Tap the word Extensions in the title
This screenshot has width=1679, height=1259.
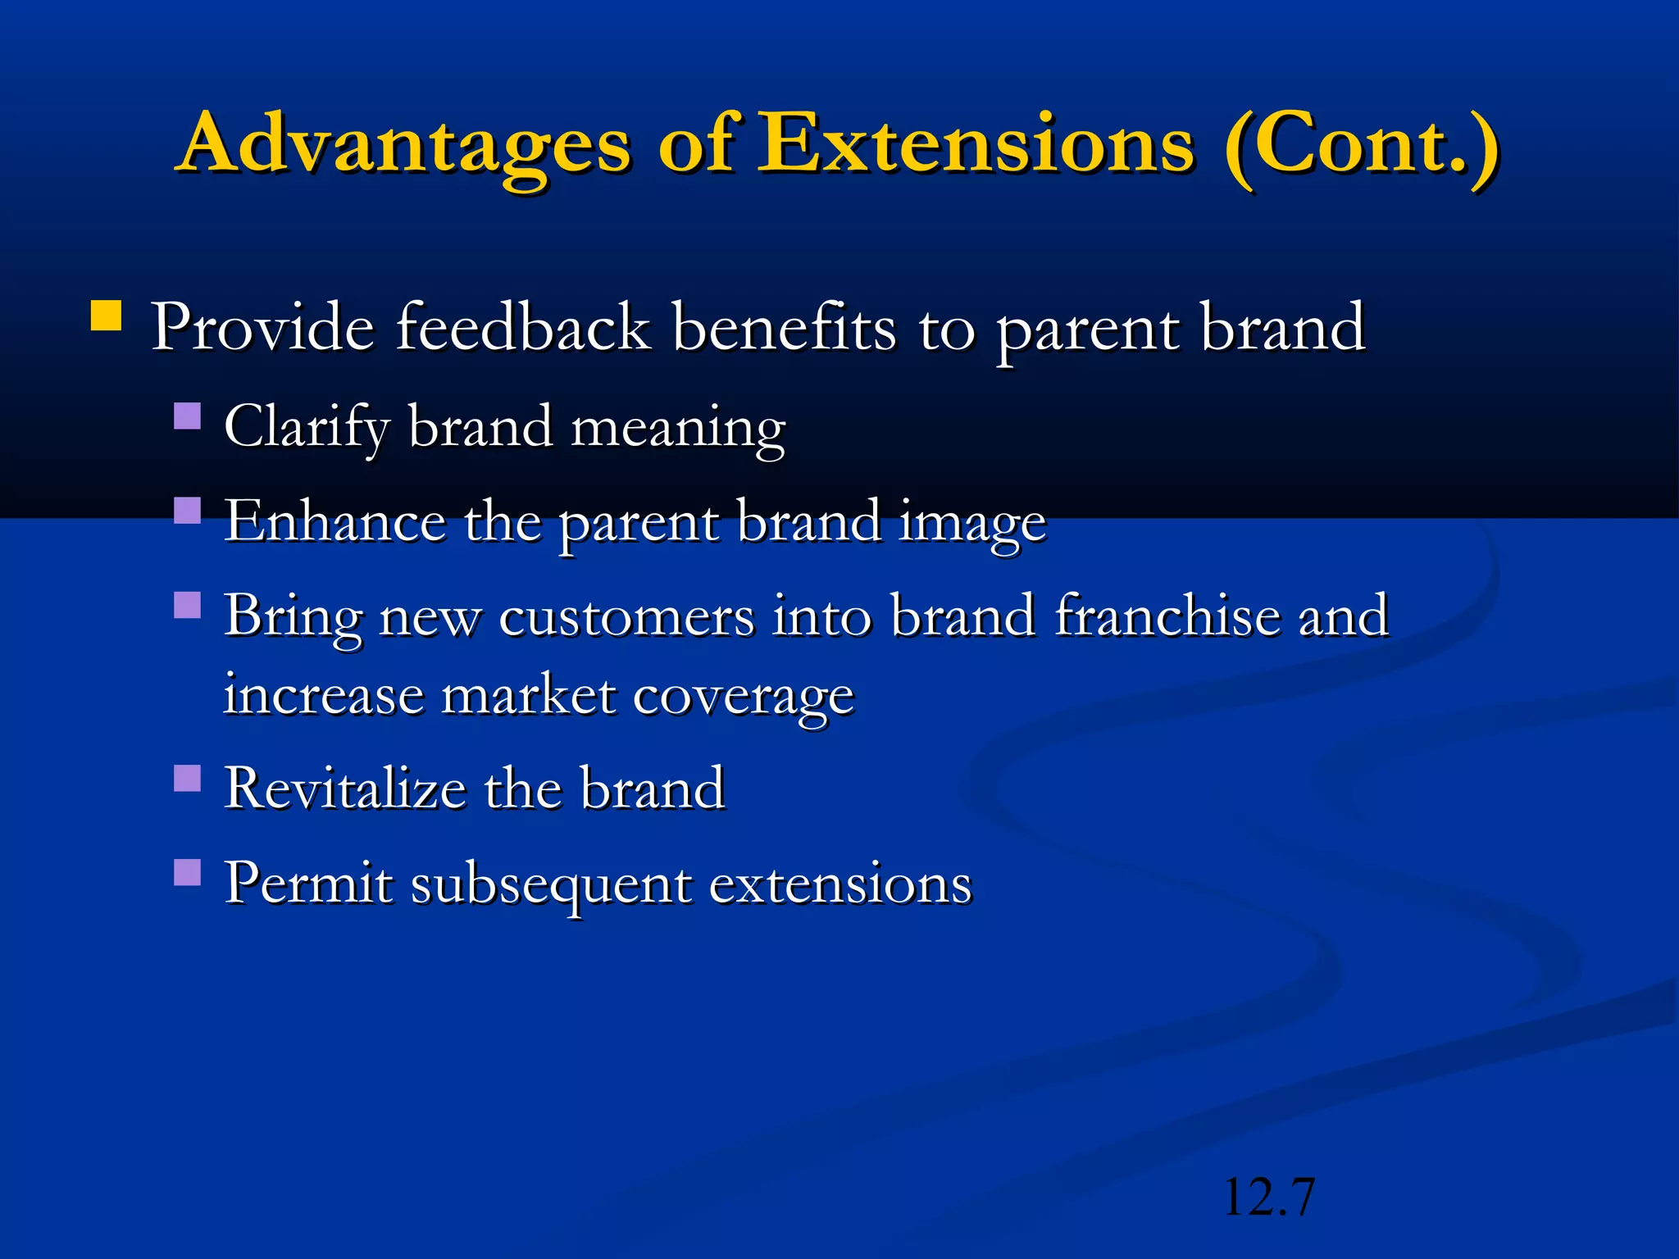pyautogui.click(x=975, y=144)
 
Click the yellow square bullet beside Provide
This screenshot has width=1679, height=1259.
pyautogui.click(x=106, y=316)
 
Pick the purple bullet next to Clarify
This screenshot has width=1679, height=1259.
pyautogui.click(x=188, y=416)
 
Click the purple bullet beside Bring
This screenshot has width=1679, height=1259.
pyautogui.click(x=188, y=606)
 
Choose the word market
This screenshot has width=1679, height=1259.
pyautogui.click(x=529, y=696)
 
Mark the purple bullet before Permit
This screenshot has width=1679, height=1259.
pyautogui.click(x=188, y=872)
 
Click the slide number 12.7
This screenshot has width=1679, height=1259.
pyautogui.click(x=1268, y=1197)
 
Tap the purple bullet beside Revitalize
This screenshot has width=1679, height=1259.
pyautogui.click(x=188, y=778)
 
